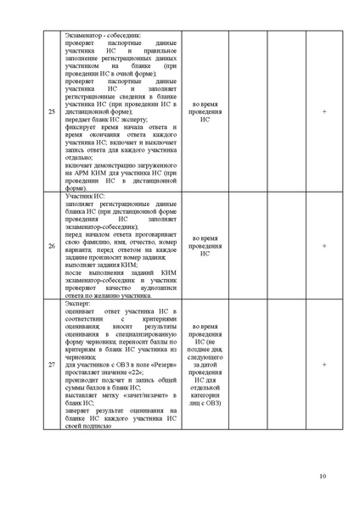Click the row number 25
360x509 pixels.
[53, 112]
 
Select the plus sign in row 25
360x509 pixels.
[323, 112]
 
